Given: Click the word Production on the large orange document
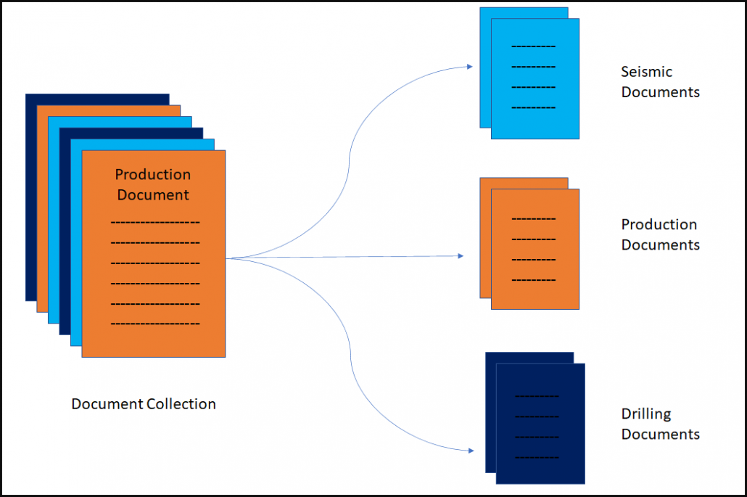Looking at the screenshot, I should [153, 174].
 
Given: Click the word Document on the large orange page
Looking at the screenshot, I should [153, 194].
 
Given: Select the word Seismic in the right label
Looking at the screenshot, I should [646, 72].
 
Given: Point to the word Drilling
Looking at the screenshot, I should [646, 414].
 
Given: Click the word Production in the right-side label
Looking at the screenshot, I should [659, 224].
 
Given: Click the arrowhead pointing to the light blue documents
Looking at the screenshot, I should [469, 66].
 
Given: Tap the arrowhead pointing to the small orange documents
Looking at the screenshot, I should [460, 255].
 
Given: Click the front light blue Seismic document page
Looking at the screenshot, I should [535, 120].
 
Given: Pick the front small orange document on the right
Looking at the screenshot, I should [535, 294].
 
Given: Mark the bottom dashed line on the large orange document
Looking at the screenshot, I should [154, 324].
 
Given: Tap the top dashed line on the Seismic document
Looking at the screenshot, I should [533, 46].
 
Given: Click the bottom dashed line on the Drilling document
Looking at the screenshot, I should [537, 458].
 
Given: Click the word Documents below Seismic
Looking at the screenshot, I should [660, 92].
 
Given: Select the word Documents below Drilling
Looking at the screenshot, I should [660, 435].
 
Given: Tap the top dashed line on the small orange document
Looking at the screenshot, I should [533, 218].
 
